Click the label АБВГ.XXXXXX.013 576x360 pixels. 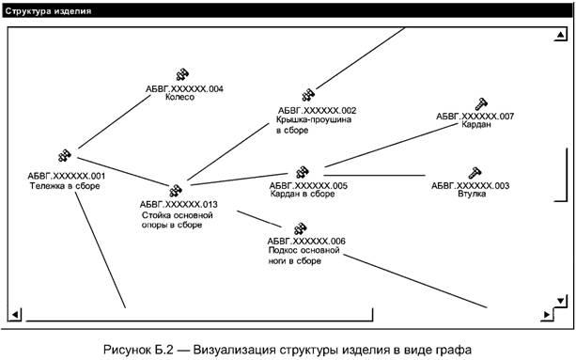tap(179, 204)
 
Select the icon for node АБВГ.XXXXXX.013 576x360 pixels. tap(175, 190)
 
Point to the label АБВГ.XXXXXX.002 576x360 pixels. tap(317, 110)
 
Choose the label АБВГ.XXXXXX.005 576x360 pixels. tap(308, 185)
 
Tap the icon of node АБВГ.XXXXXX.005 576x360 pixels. tap(303, 172)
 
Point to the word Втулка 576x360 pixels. tap(471, 196)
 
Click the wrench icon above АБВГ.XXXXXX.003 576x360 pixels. tap(474, 172)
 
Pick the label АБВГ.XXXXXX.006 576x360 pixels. tap(306, 241)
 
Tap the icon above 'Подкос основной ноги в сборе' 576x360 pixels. tap(301, 227)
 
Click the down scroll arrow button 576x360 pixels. tap(560, 301)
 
